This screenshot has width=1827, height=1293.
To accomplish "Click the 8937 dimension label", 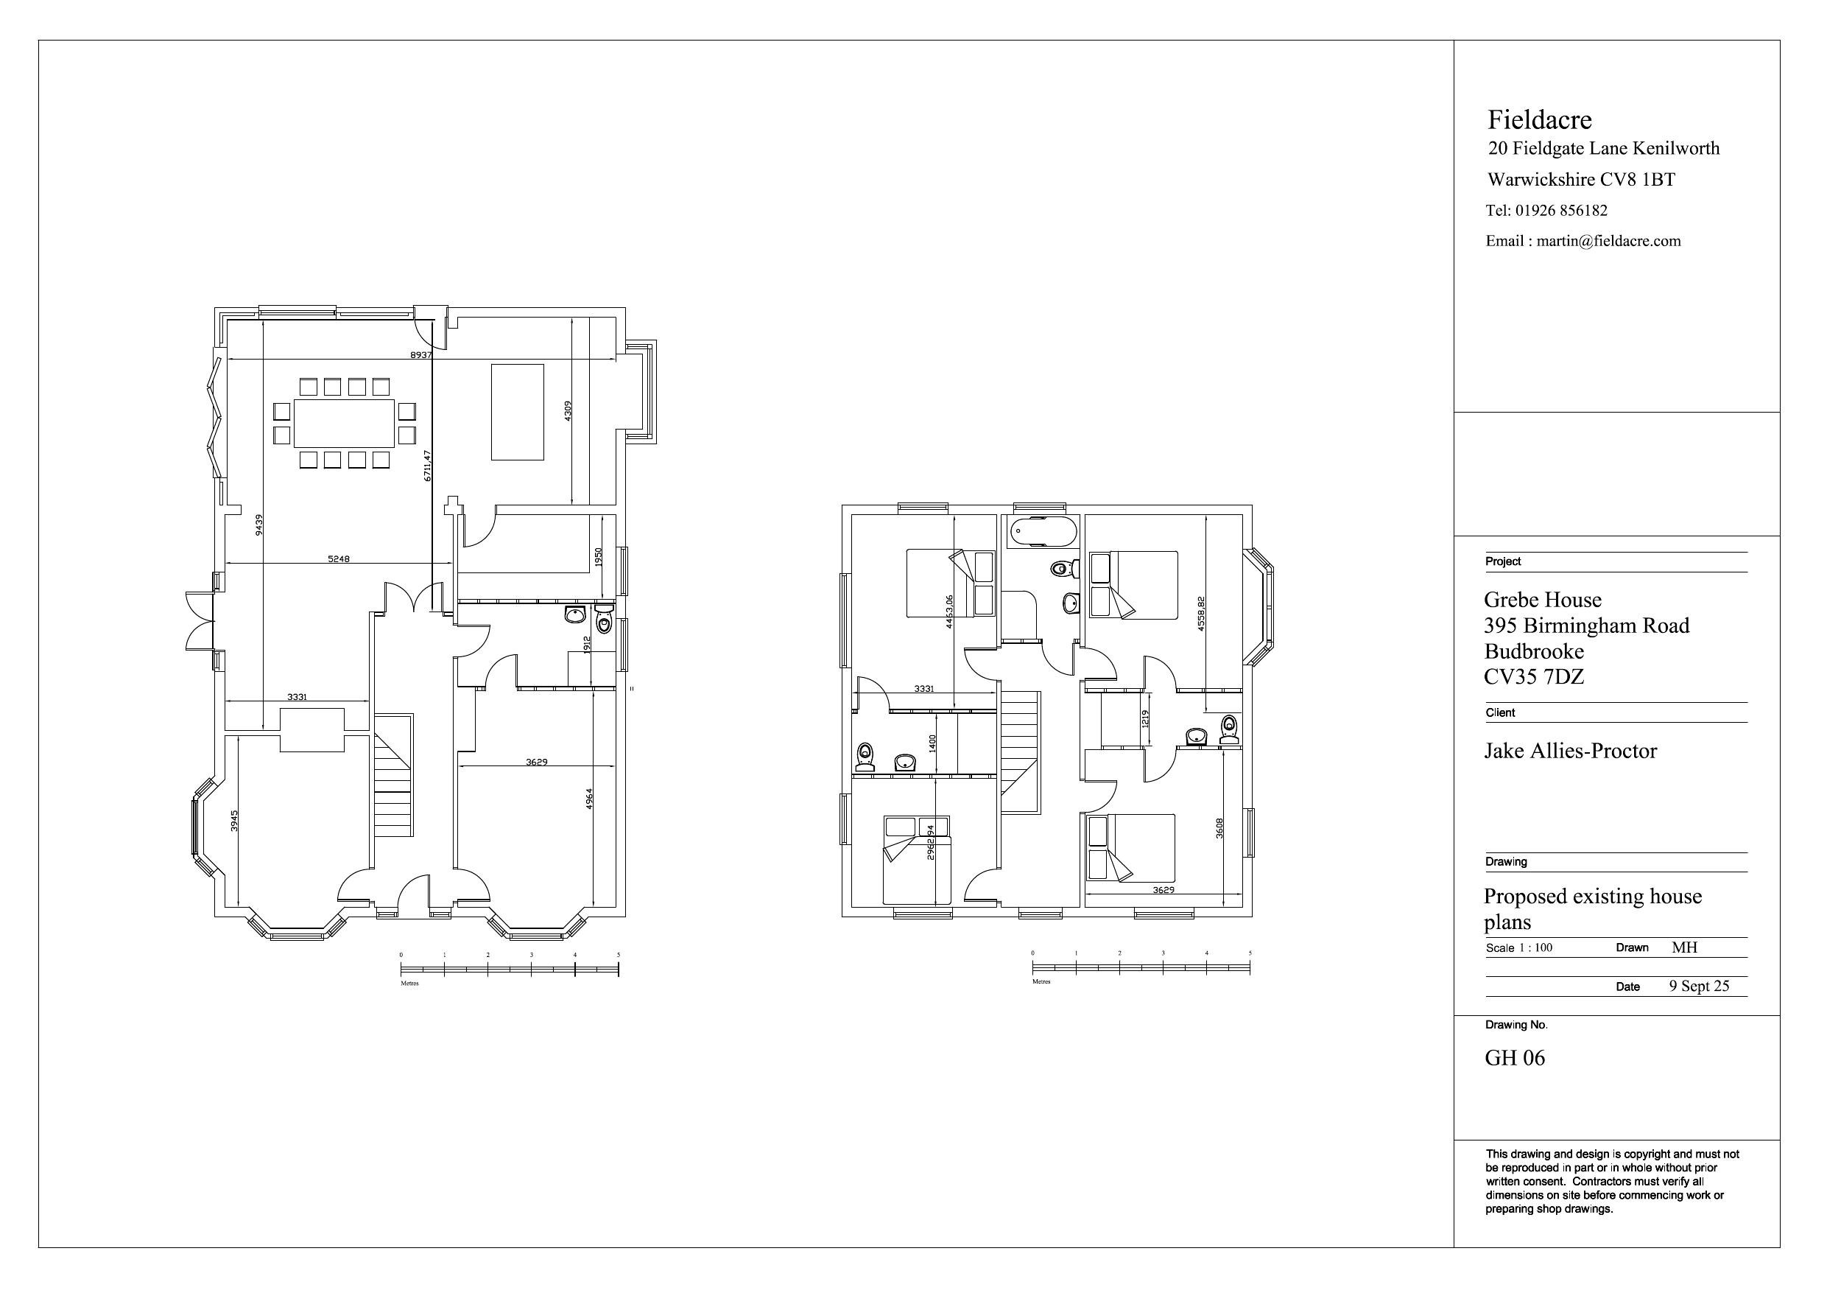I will [420, 355].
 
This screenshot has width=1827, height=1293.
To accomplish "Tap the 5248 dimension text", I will [338, 559].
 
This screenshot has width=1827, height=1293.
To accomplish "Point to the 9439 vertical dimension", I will [258, 525].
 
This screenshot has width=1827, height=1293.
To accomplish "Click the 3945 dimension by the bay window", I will [234, 821].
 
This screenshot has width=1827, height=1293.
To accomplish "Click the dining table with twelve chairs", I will [344, 424].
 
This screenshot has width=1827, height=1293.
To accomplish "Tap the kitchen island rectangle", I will [517, 412].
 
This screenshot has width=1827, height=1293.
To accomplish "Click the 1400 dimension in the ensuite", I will [932, 743].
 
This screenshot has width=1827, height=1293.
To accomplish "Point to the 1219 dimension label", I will [1145, 720].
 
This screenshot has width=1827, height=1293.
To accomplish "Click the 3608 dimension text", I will [1219, 828].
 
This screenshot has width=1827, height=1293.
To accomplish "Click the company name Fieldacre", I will [1539, 120].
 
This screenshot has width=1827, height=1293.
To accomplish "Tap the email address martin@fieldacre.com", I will [1608, 241].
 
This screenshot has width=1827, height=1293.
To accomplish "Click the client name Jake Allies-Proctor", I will [1570, 751].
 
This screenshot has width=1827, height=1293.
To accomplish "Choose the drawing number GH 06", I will [1514, 1058].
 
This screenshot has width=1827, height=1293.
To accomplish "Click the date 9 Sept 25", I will [1699, 986].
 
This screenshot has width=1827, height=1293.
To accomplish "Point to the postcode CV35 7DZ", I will [1533, 677].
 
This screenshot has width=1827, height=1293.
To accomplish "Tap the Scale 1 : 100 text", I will [1518, 947].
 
